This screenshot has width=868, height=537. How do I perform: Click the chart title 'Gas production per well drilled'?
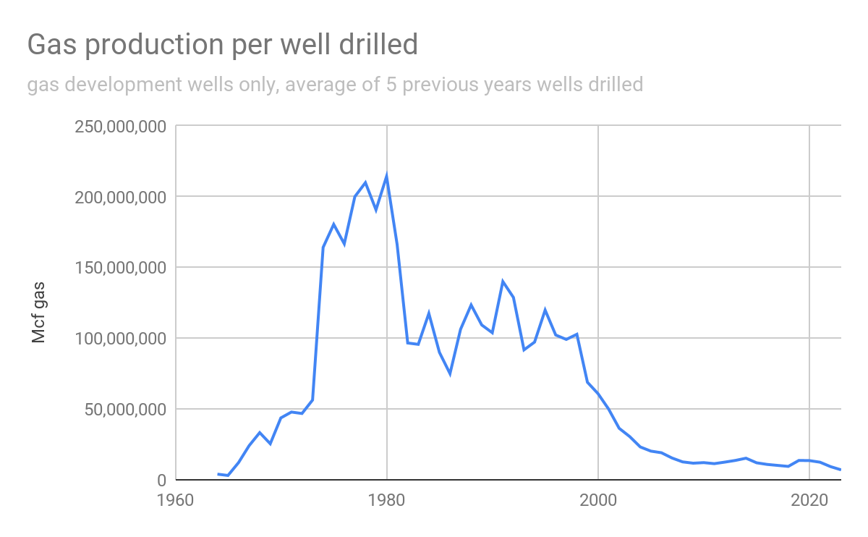pos(223,46)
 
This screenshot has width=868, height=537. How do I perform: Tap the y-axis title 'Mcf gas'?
pos(39,303)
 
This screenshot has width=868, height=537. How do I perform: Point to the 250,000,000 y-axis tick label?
pos(120,127)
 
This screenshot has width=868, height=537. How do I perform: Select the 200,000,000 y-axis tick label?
pos(120,198)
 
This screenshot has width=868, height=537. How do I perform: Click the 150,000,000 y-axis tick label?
pos(120,268)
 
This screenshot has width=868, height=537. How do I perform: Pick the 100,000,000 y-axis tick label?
pos(120,339)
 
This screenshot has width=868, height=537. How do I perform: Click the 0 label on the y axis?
pos(161,481)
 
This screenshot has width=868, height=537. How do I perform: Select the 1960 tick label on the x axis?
pos(176,501)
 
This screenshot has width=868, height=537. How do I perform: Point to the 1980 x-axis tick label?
pos(387,501)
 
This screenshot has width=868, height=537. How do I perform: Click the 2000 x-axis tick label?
pos(598,501)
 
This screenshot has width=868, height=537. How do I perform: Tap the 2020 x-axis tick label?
pos(809,501)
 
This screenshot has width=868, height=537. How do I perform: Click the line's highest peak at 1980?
pos(387,176)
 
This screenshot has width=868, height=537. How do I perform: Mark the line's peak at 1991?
pos(503,282)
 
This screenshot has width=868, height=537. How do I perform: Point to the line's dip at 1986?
pos(450,373)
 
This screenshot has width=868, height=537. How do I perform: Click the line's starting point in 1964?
pos(218,474)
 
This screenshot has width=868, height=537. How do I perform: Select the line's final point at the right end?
pos(841,470)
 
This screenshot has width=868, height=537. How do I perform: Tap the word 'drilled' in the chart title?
pos(383,46)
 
